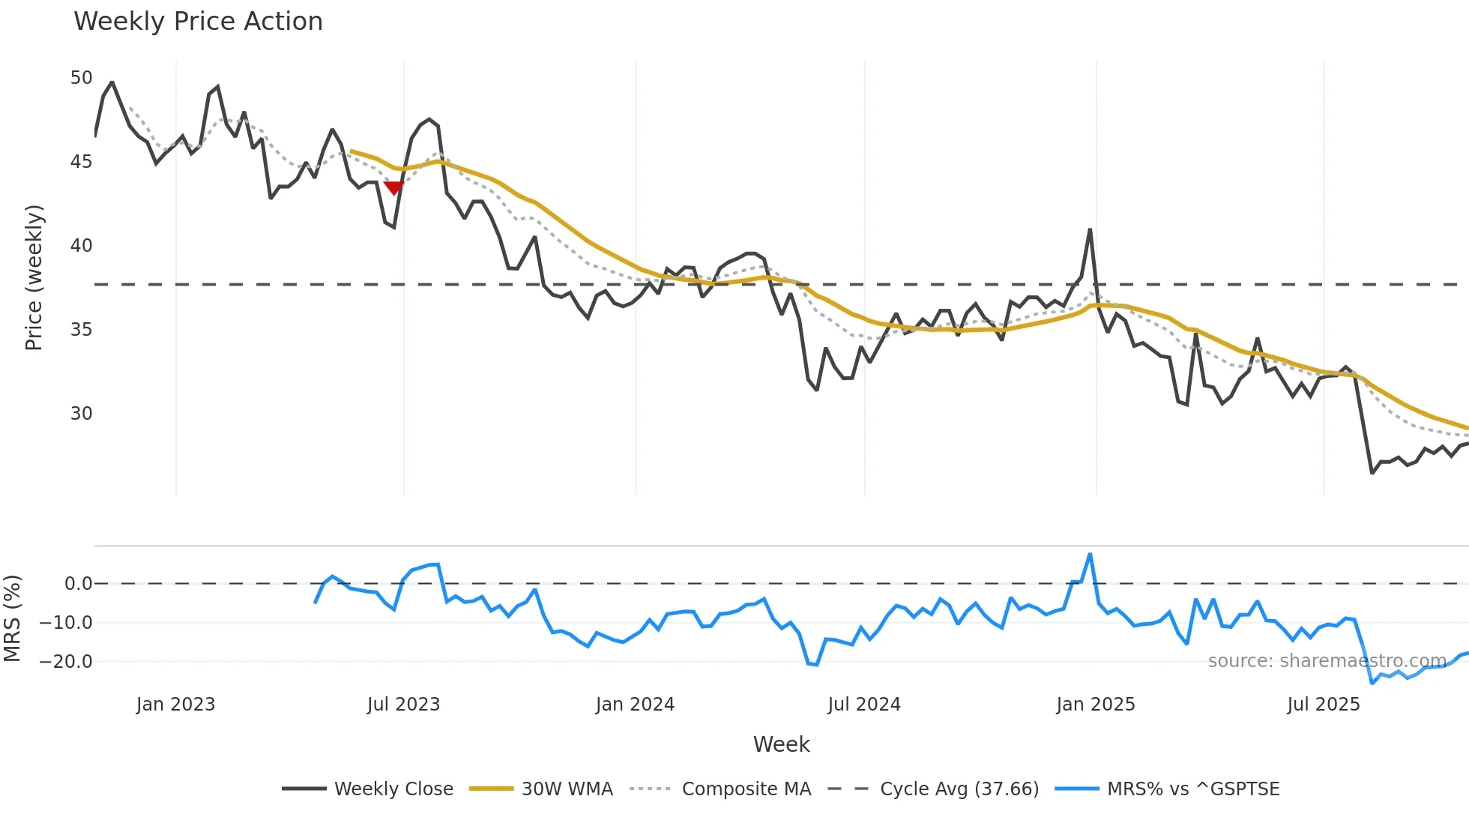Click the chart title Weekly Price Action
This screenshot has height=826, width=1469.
pyautogui.click(x=198, y=21)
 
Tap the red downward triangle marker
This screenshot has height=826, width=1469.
pyautogui.click(x=393, y=187)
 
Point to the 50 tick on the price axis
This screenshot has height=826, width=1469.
pyautogui.click(x=81, y=78)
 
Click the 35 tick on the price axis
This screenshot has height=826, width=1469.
pyautogui.click(x=81, y=330)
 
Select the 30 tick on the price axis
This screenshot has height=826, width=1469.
pyautogui.click(x=81, y=414)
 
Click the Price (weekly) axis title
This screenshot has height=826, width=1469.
pyautogui.click(x=34, y=277)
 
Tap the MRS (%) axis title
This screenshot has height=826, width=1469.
pyautogui.click(x=12, y=618)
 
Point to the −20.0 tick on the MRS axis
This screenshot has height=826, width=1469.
pyautogui.click(x=66, y=662)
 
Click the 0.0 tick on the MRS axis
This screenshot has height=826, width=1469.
pyautogui.click(x=78, y=584)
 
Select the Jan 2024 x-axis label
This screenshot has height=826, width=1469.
pyautogui.click(x=635, y=705)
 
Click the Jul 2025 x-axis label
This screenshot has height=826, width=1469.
pyautogui.click(x=1323, y=705)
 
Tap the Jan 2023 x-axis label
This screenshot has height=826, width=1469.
pyautogui.click(x=175, y=705)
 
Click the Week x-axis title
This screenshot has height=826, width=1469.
pyautogui.click(x=781, y=744)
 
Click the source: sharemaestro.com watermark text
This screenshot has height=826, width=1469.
pyautogui.click(x=1327, y=661)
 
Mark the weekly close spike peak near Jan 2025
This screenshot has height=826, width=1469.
pyautogui.click(x=1090, y=229)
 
